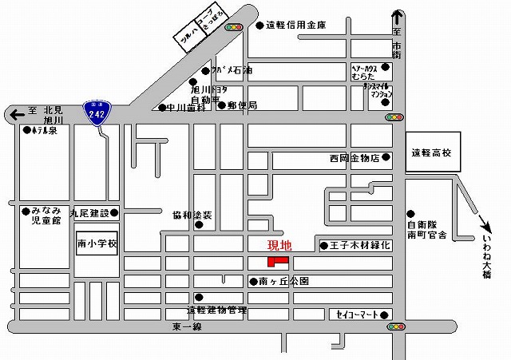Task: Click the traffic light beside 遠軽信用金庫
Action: click(234, 27)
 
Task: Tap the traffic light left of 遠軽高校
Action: click(394, 117)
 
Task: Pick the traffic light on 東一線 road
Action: click(394, 326)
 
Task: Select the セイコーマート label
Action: click(357, 314)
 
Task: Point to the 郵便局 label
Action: click(241, 105)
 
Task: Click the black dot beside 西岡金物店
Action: click(386, 157)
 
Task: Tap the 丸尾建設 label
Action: click(90, 213)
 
